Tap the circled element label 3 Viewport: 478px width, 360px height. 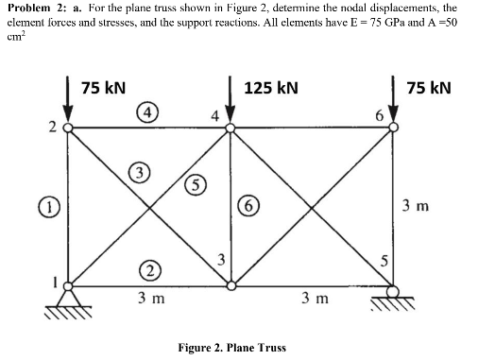141,174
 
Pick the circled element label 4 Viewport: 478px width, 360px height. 148,112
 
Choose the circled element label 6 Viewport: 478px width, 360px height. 253,205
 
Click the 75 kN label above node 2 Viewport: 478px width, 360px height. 105,88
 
